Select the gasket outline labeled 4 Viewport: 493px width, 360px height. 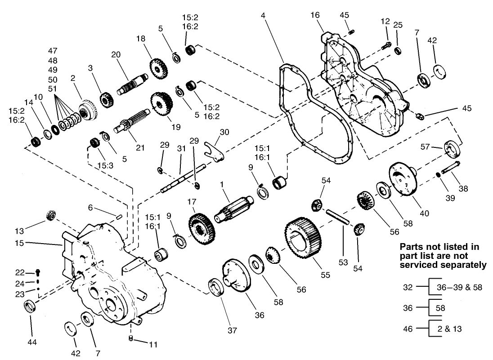[x=282, y=99]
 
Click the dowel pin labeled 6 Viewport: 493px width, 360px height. [x=119, y=216]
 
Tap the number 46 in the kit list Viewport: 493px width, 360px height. [x=408, y=329]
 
